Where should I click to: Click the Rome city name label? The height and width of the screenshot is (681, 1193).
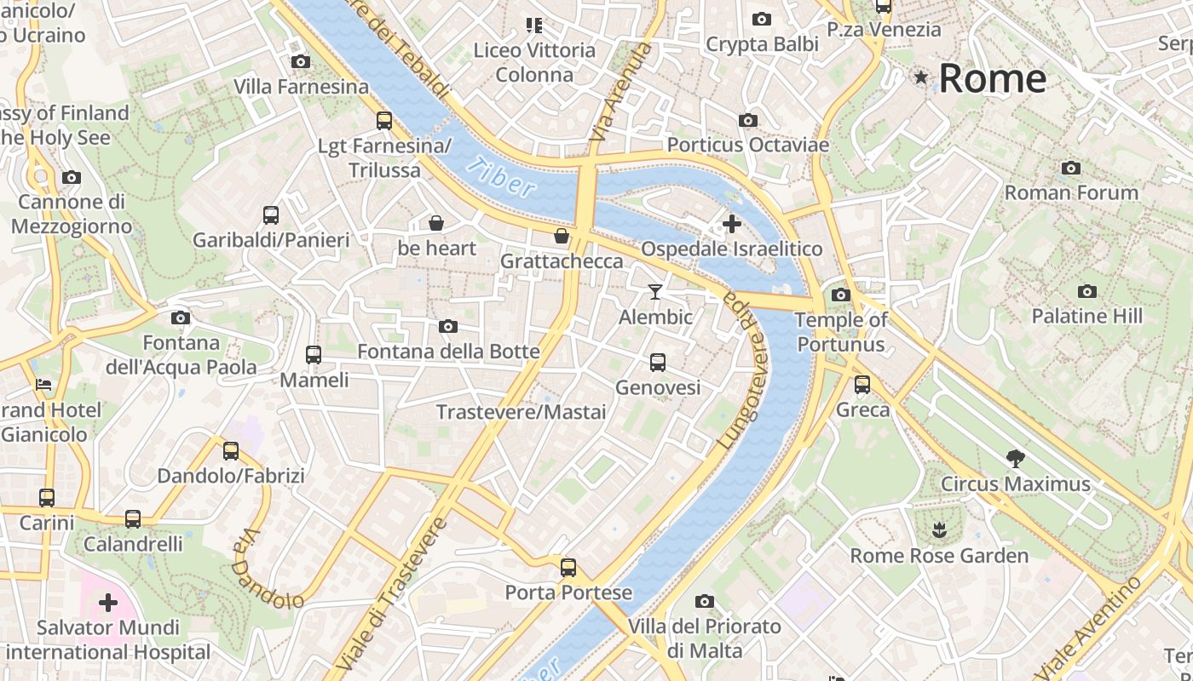[992, 78]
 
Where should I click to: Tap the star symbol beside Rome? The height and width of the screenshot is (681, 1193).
[920, 78]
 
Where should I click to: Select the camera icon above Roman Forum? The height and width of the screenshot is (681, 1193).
[1071, 168]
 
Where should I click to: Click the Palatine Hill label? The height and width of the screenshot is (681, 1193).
[1086, 316]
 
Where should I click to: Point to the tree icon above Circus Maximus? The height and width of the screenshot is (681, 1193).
[1015, 459]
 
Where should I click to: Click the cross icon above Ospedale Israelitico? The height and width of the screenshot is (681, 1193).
[731, 224]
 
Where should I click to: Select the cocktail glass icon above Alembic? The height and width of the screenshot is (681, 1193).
[654, 292]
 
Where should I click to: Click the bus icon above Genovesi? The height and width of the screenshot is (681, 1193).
[657, 363]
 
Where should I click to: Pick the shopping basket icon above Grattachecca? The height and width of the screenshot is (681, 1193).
[561, 236]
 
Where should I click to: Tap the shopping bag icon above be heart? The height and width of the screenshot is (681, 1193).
[436, 223]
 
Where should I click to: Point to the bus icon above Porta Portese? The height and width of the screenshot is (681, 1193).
[568, 567]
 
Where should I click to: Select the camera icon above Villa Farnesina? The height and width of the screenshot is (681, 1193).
[300, 61]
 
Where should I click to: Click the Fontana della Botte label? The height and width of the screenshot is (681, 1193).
[448, 352]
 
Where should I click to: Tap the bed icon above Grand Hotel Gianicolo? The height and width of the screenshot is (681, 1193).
[43, 385]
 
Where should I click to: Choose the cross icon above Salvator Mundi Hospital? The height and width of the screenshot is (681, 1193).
[108, 603]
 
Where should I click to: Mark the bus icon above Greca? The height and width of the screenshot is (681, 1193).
[862, 385]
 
